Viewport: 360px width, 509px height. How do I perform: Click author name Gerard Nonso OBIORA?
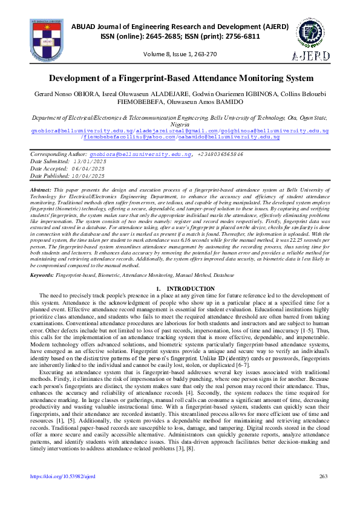click(x=61, y=95)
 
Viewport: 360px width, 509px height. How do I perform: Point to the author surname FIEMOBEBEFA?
click(x=129, y=103)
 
